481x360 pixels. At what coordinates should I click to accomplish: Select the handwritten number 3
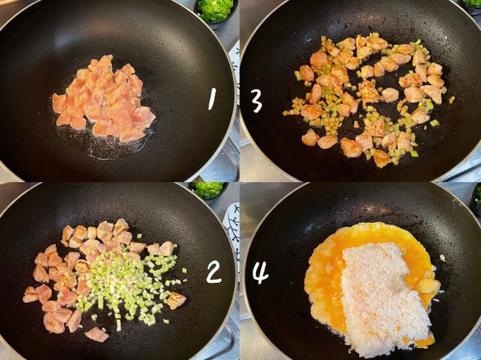(x=257, y=101)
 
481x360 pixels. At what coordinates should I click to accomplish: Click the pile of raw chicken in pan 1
(x=103, y=99)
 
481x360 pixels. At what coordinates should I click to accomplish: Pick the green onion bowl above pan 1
(x=216, y=10)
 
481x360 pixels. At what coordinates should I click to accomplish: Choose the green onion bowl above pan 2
(x=208, y=190)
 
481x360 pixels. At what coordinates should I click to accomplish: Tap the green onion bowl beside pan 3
(x=472, y=4)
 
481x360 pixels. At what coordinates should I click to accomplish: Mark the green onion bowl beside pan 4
(x=476, y=200)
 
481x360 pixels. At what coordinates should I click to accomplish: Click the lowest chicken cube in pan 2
(x=97, y=334)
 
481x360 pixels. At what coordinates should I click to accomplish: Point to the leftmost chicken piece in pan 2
(x=30, y=294)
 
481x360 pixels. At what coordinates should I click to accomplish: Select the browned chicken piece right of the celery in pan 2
(x=176, y=300)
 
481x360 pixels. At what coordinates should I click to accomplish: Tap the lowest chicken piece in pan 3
(x=382, y=159)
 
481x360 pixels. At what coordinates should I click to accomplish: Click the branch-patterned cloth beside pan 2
(x=232, y=233)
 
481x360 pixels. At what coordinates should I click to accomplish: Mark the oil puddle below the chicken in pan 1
(x=104, y=144)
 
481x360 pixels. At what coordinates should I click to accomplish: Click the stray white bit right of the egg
(x=442, y=258)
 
